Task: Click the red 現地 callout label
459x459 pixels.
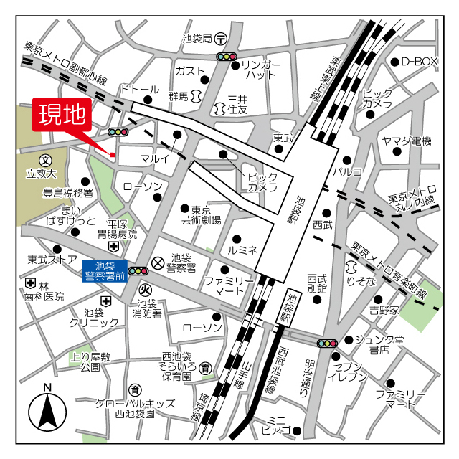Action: tap(61, 114)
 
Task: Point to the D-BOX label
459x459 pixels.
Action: tap(419, 62)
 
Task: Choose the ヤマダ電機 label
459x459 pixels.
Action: tap(407, 141)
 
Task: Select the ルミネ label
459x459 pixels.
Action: tap(242, 251)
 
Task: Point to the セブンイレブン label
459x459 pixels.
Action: tap(349, 370)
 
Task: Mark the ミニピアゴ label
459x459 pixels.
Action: tap(275, 425)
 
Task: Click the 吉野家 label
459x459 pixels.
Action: tap(384, 310)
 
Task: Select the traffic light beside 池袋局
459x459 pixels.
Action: tap(227, 57)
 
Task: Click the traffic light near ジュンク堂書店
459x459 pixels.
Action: tap(327, 344)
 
